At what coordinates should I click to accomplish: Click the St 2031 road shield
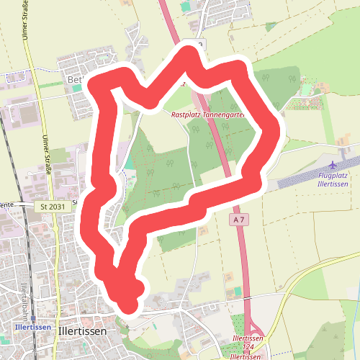coord(53,207)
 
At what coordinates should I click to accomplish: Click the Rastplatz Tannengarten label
coord(208,114)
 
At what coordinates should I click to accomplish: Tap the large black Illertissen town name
coord(81,331)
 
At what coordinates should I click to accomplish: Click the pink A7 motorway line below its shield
coord(242,252)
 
